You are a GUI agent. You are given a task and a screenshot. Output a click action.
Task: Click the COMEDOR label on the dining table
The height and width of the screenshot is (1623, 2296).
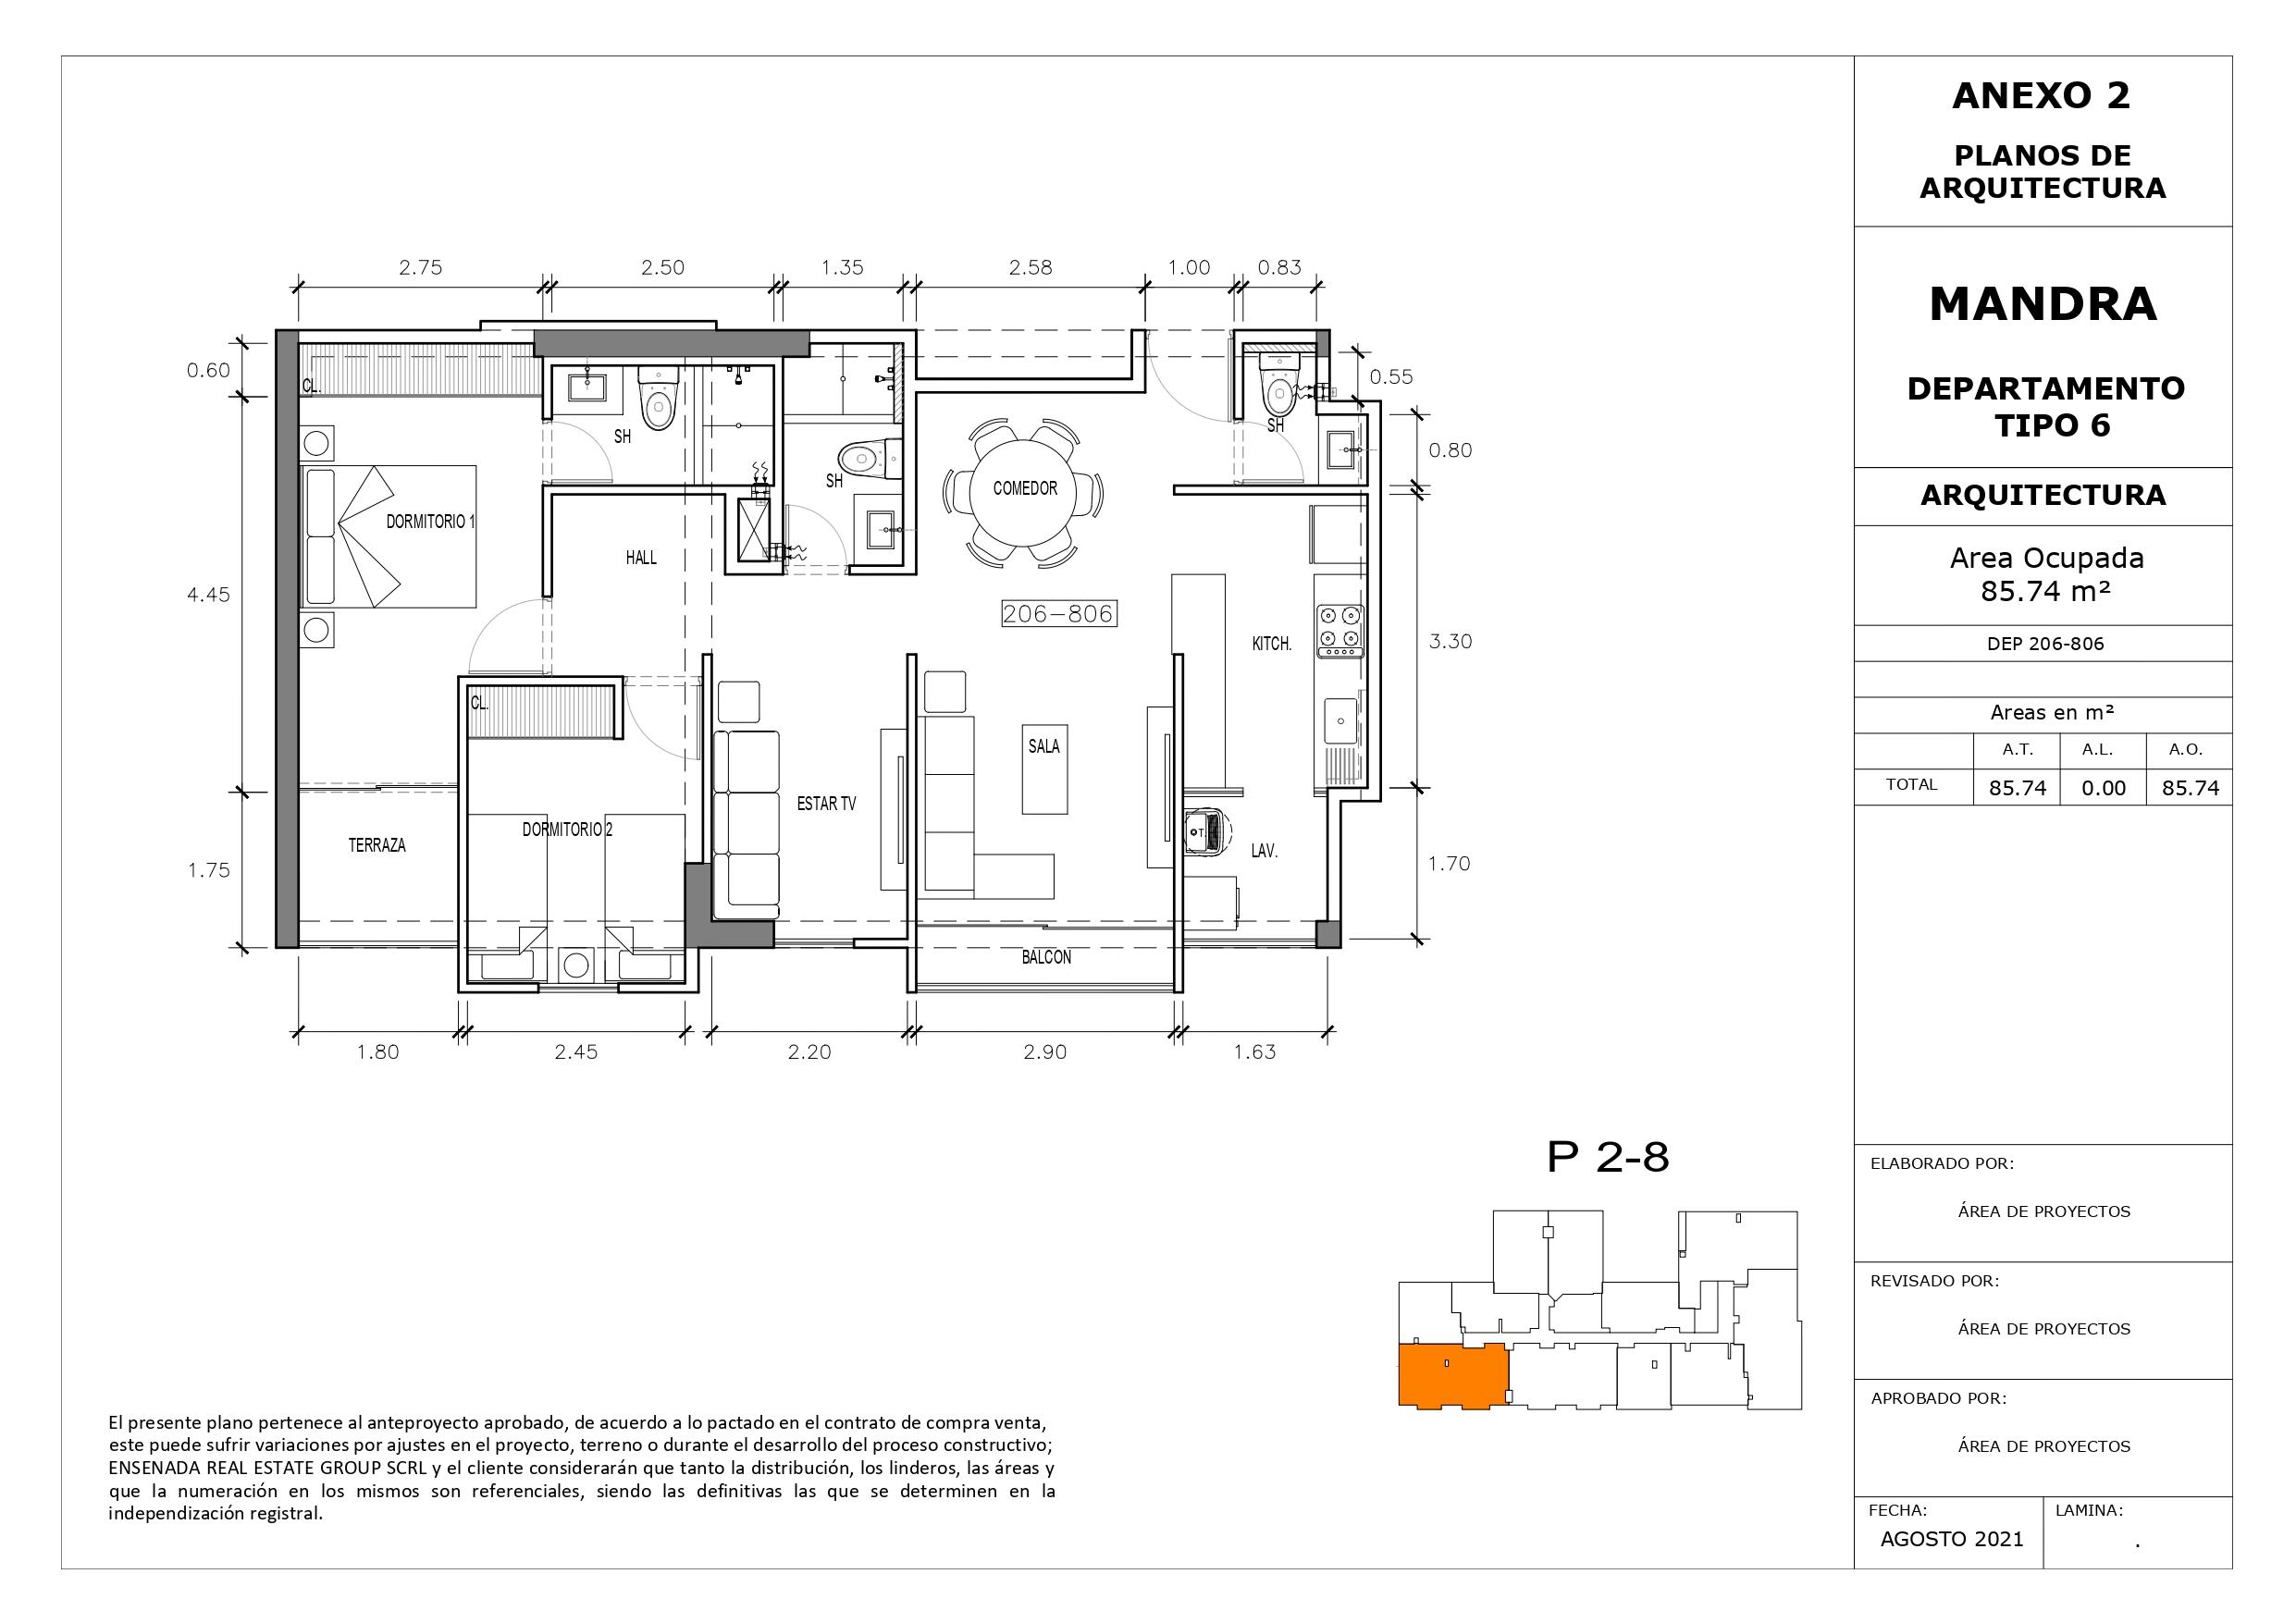point(1025,488)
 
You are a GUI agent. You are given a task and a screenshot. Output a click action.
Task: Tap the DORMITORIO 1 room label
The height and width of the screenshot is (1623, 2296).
point(431,521)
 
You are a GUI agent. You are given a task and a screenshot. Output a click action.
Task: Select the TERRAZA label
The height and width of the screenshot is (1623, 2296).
point(377,845)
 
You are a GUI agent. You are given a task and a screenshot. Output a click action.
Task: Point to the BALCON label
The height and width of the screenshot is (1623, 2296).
point(1046,957)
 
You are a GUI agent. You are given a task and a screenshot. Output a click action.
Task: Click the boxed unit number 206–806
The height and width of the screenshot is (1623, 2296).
point(1059,614)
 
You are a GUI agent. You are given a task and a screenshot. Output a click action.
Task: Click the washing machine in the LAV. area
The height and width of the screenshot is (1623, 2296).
point(1207,830)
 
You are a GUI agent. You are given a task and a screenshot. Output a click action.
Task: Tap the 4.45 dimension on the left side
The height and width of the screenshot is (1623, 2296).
point(208,595)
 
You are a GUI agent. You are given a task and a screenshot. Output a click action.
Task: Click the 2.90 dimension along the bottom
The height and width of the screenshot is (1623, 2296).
point(1045,1052)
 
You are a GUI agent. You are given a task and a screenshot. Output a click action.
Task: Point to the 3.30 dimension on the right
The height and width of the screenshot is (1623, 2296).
point(1450,641)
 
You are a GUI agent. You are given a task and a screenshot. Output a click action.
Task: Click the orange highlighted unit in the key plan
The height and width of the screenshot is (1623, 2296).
point(1453,1376)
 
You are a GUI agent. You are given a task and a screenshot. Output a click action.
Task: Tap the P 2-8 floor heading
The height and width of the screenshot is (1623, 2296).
point(1608,1158)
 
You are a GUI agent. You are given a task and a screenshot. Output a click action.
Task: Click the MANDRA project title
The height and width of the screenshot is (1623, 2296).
point(2043,304)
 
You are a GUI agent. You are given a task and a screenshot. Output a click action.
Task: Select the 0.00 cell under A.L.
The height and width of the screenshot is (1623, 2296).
point(2103,788)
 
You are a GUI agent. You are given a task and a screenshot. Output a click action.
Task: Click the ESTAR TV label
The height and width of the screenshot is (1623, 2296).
point(826,803)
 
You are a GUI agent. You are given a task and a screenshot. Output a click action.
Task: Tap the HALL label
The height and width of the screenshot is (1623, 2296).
point(641,557)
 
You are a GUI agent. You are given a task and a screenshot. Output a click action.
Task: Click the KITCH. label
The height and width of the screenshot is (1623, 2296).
point(1272,644)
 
